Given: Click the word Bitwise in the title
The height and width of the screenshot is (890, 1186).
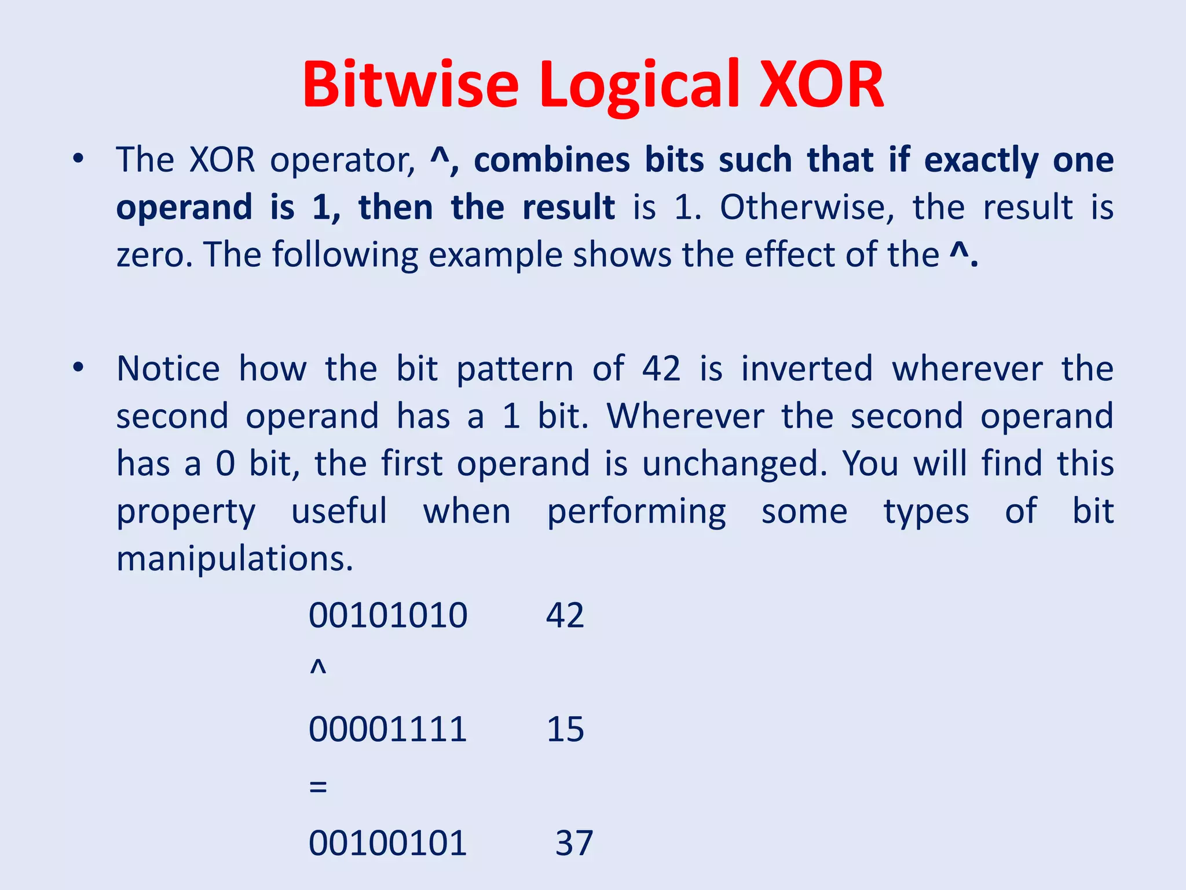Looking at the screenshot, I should (x=410, y=85).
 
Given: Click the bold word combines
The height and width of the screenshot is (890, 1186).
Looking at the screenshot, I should (x=551, y=161).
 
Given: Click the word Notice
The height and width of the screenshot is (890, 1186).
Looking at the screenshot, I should (x=168, y=369).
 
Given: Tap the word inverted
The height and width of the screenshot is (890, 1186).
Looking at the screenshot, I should (x=807, y=369).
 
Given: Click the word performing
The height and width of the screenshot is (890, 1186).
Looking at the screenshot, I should (x=636, y=512).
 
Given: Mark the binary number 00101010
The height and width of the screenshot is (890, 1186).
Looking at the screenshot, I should (x=387, y=615).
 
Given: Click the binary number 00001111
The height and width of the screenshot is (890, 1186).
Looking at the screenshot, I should (x=387, y=729).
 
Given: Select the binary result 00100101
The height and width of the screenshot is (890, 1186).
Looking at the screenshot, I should (x=387, y=842).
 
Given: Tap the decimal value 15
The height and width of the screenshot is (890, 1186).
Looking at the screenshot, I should (x=565, y=729).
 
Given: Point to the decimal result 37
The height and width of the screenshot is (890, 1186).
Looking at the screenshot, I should (x=574, y=842).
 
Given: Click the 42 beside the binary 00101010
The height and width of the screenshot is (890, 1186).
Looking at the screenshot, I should (x=565, y=615).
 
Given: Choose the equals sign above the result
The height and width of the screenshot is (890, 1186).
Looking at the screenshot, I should (x=318, y=787).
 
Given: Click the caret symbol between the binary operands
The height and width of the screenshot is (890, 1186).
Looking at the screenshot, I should (x=318, y=667).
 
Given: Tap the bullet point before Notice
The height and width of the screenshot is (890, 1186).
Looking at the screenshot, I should (x=78, y=367).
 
